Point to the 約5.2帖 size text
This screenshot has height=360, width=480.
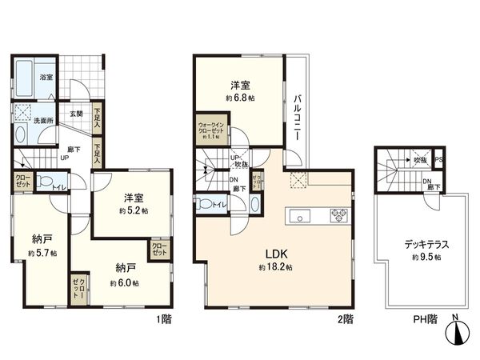pyautogui.click(x=130, y=211)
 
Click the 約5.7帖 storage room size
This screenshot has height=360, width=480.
pyautogui.click(x=42, y=253)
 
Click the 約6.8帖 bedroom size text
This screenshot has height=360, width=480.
pyautogui.click(x=240, y=98)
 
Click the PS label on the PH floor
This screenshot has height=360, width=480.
pyautogui.click(x=438, y=161)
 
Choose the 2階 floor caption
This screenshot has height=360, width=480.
pyautogui.click(x=345, y=318)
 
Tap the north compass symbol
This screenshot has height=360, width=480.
pyautogui.click(x=456, y=331)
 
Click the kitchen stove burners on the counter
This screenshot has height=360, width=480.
pyautogui.click(x=338, y=214)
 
